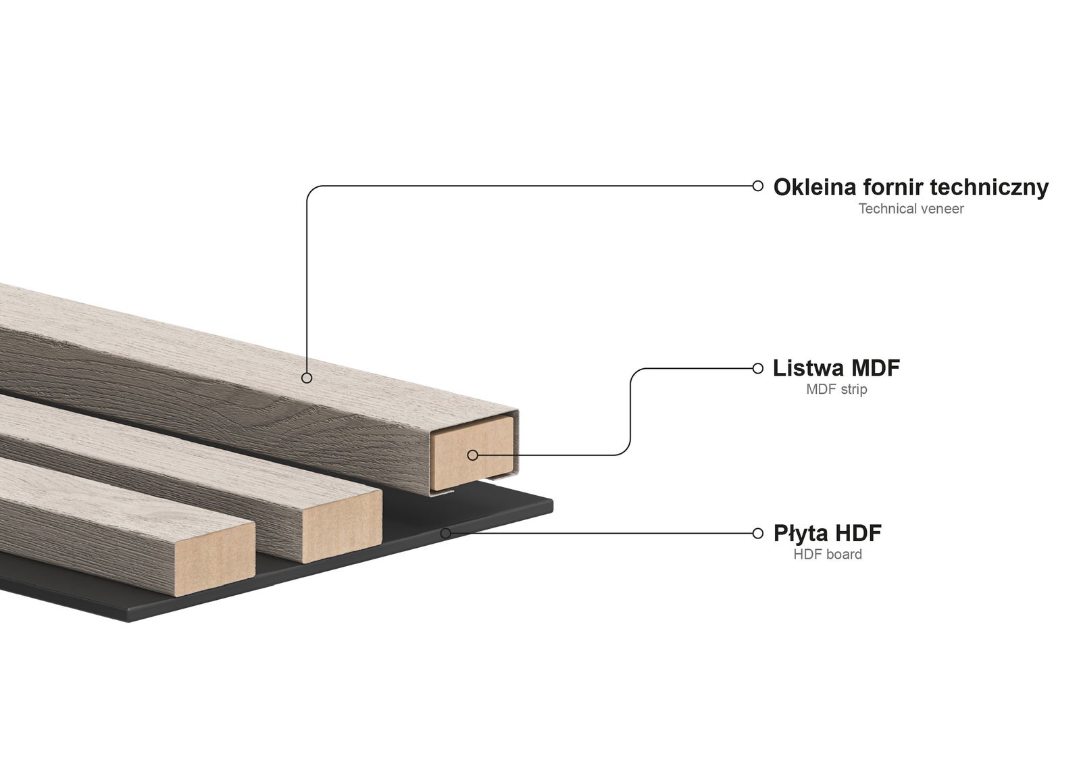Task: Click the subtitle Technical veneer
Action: click(x=911, y=209)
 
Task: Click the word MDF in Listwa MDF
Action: click(x=875, y=368)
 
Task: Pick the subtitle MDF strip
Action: click(x=836, y=389)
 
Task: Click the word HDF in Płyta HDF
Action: click(x=858, y=533)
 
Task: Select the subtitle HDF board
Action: click(x=828, y=555)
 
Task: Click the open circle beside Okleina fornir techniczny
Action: click(x=758, y=186)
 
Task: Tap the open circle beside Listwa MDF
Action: click(x=758, y=368)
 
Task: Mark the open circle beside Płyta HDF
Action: click(x=758, y=533)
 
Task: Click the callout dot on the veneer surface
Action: click(x=307, y=378)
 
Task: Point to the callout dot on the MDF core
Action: click(x=472, y=455)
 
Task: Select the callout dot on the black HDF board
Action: click(x=446, y=533)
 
